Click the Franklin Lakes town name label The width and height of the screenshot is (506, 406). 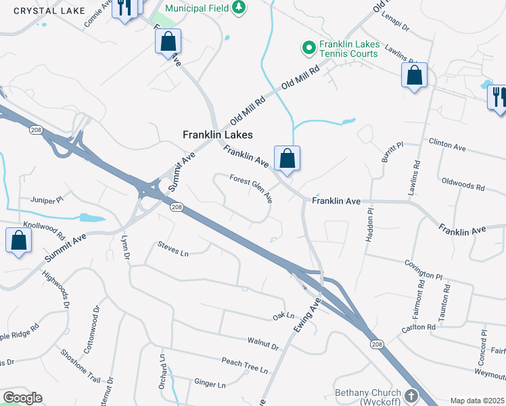click(218, 135)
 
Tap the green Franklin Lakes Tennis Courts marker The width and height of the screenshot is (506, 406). click(308, 47)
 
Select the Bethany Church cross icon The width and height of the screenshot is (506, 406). click(411, 394)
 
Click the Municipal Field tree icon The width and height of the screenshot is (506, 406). click(238, 7)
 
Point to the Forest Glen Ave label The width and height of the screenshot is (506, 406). click(252, 189)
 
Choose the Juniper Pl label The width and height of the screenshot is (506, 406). click(47, 200)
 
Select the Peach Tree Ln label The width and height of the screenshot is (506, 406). click(245, 369)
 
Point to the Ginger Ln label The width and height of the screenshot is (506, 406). click(210, 384)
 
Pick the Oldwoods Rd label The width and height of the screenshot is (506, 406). click(463, 185)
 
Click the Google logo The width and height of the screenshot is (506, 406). click(22, 398)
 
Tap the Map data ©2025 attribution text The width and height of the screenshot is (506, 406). click(476, 401)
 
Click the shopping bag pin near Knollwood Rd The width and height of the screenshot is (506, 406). click(19, 242)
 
